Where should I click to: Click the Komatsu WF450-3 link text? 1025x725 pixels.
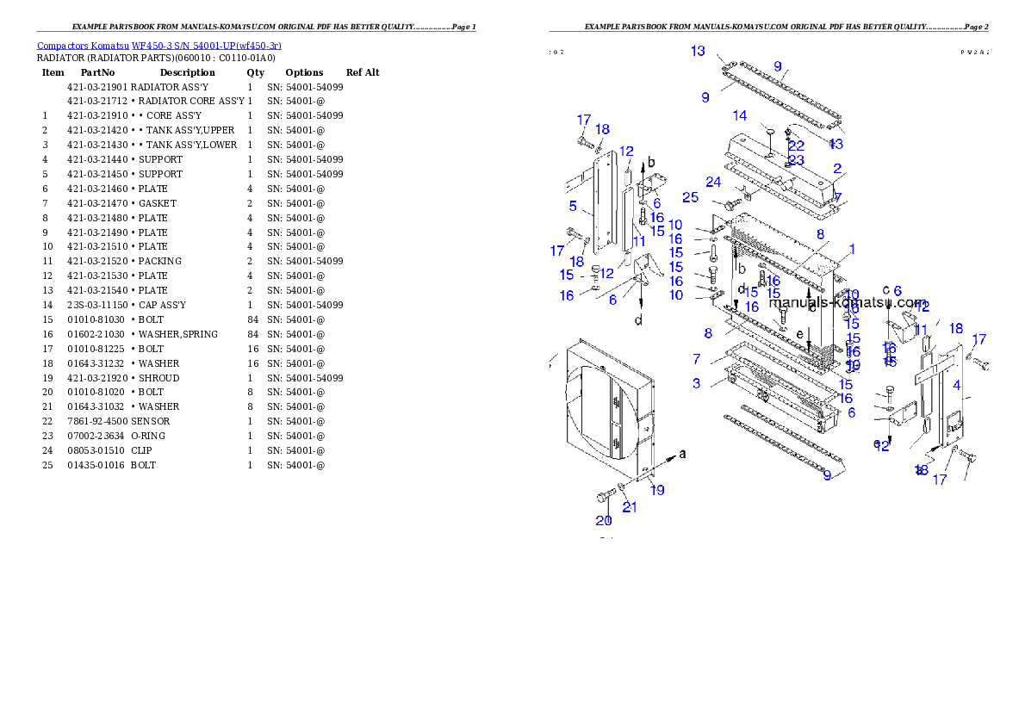(x=158, y=46)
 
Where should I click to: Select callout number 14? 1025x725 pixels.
(x=740, y=116)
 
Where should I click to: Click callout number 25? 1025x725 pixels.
(x=690, y=198)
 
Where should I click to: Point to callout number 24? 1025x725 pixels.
(x=713, y=183)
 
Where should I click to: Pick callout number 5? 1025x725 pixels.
(x=573, y=207)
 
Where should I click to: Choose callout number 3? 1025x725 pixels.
(x=696, y=382)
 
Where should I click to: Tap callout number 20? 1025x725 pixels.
(x=603, y=520)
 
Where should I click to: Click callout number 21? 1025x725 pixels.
(x=630, y=507)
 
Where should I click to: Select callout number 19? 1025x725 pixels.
(x=657, y=491)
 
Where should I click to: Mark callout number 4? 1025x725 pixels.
(x=956, y=386)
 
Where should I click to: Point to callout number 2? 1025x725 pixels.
(x=837, y=170)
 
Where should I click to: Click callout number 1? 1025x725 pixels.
(x=851, y=250)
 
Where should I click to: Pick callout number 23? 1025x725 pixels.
(x=796, y=160)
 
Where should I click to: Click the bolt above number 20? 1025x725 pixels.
(x=605, y=497)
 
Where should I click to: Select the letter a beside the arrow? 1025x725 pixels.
(x=683, y=454)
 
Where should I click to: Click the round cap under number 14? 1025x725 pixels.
(x=770, y=131)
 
